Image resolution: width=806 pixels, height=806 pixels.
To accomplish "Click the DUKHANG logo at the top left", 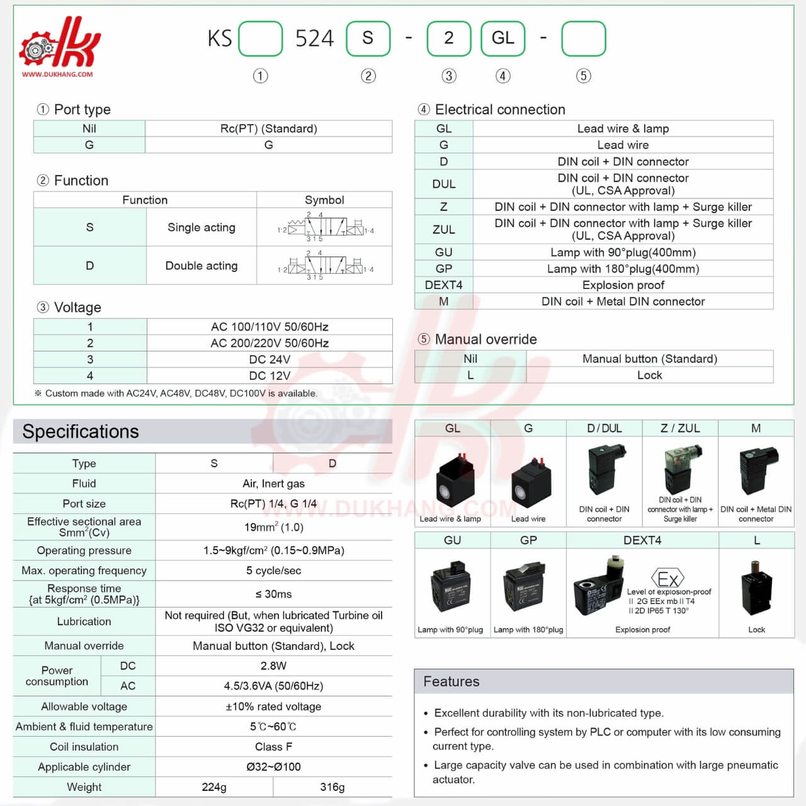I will pos(59,47).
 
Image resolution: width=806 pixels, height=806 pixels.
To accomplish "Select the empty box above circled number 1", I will pos(260,38).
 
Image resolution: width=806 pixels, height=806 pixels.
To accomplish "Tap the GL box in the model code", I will pos(502,38).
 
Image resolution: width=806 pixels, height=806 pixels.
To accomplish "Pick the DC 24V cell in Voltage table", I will pos(270,360).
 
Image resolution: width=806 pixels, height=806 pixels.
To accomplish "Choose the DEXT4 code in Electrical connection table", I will pos(443,285).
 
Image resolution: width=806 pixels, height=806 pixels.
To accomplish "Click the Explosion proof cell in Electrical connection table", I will pos(623,285).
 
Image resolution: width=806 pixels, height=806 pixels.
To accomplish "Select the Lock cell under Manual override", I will pos(649,375).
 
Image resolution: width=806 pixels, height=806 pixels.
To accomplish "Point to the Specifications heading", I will pos(81,431).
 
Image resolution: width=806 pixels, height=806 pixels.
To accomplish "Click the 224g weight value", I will pos(214,787).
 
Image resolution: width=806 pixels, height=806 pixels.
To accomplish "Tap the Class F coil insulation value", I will pos(273,747).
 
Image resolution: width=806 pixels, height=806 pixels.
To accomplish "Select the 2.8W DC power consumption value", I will pos(273,666).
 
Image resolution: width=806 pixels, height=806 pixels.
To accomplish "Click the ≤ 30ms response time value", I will pos(273,594).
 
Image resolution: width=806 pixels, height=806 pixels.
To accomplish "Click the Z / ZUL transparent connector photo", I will pos(680,469).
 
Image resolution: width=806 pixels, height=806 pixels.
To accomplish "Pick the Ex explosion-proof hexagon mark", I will pos(667,579).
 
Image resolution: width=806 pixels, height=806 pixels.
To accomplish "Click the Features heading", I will pos(451,681).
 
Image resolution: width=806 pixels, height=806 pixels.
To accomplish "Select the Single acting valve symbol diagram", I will pos(325,227).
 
